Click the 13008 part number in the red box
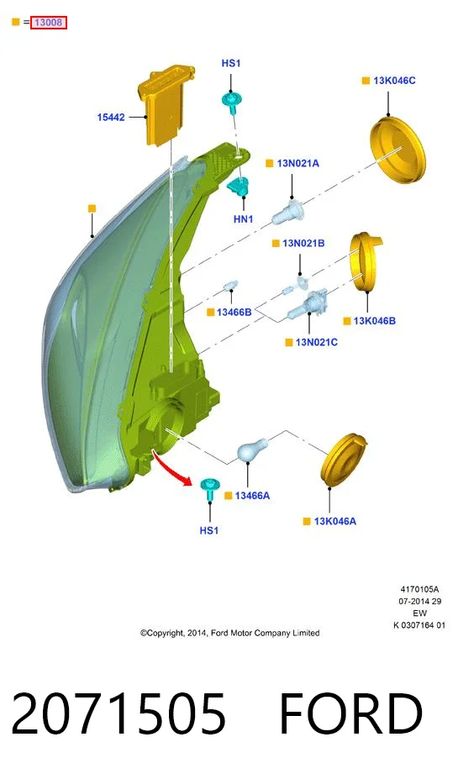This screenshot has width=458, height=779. click(x=48, y=23)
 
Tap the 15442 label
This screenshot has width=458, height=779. click(x=111, y=118)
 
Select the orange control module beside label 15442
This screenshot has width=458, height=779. click(x=166, y=105)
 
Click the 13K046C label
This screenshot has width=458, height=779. click(x=394, y=81)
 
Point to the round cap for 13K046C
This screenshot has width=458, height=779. click(x=398, y=150)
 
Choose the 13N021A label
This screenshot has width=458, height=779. click(x=298, y=164)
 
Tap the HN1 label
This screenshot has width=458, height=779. click(x=244, y=219)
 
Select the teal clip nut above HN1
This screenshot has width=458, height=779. click(x=240, y=187)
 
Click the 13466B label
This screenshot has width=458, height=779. click(x=234, y=312)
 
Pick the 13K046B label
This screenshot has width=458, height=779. click(x=375, y=321)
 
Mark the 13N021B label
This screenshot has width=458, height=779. click(x=303, y=244)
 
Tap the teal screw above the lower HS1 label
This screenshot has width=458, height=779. click(x=209, y=489)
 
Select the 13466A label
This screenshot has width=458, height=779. click(x=252, y=496)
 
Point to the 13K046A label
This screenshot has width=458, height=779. click(x=335, y=522)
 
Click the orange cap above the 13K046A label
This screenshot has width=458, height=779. click(x=344, y=460)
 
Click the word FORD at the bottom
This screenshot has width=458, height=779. click(x=350, y=714)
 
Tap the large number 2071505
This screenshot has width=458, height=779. click(x=118, y=714)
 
